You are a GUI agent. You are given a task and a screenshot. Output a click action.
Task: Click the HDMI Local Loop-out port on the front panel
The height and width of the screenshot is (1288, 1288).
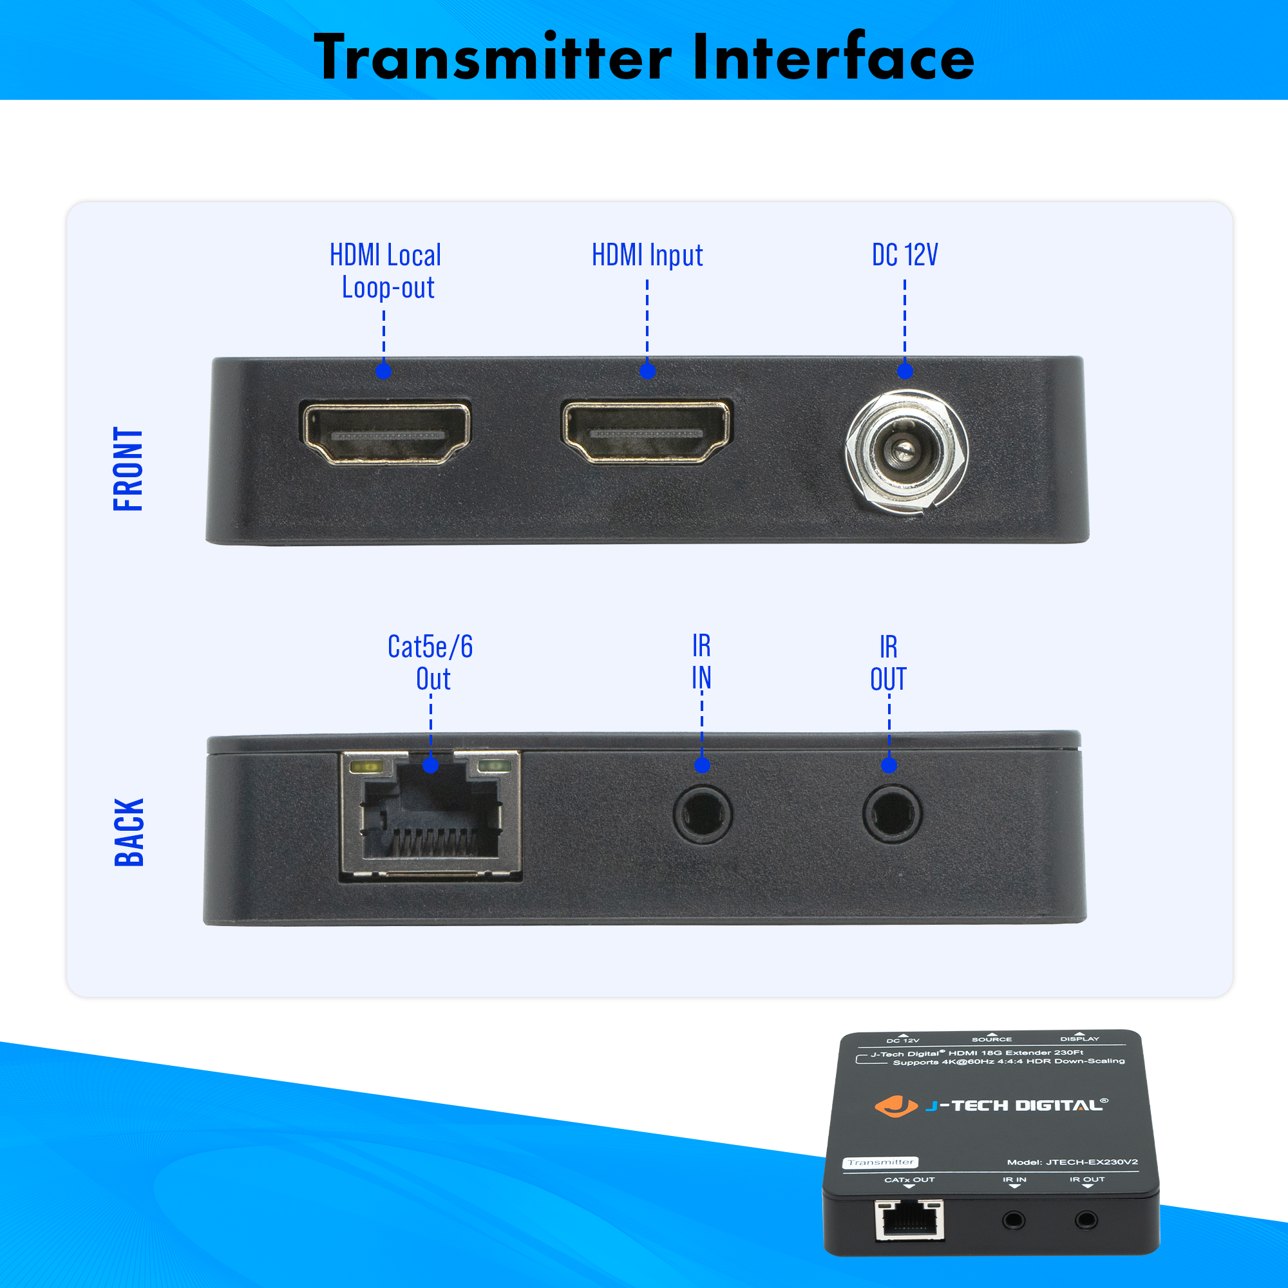coord(386,433)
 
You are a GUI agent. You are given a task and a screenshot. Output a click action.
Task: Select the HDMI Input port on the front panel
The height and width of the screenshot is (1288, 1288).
coord(647,431)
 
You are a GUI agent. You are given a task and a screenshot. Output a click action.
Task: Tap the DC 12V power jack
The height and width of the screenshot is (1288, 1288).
coord(907,452)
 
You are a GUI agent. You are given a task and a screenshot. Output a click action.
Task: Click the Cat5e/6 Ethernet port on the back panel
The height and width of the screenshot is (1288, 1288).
coord(431,816)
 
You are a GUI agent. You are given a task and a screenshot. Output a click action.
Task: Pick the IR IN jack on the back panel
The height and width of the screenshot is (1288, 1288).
coord(703,814)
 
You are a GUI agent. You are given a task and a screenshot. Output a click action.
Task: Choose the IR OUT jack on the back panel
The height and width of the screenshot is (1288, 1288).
coord(892,814)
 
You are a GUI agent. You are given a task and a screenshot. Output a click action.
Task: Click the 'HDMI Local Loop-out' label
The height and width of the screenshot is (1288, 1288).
coord(386,271)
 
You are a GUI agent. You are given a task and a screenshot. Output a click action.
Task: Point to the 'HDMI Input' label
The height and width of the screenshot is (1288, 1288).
coord(647,255)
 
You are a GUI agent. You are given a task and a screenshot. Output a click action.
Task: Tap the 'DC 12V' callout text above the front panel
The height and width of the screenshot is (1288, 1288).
coord(905,254)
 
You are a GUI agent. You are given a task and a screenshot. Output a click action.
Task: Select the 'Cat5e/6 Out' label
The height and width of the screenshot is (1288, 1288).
coord(431,663)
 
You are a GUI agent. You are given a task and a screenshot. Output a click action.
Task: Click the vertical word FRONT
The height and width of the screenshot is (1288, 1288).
coord(128,469)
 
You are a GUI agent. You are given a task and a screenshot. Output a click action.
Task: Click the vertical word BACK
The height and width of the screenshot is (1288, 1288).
coord(129,832)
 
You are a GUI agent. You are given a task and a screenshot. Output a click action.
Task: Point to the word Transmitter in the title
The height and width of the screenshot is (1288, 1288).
coord(493,57)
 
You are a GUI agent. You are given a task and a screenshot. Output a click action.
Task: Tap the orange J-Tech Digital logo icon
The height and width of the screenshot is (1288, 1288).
coord(895,1106)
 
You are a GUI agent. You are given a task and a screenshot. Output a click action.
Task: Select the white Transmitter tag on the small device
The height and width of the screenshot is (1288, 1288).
coord(880,1162)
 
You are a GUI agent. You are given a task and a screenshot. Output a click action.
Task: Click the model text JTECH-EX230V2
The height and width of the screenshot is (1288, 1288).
coord(1092,1162)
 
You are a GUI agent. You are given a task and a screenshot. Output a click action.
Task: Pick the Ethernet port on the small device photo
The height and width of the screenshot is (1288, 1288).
coord(909,1219)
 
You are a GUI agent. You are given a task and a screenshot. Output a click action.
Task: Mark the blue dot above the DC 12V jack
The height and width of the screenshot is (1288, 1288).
coord(905,371)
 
